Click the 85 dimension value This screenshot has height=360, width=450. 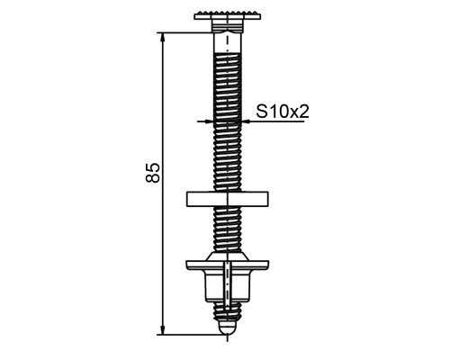point(153,173)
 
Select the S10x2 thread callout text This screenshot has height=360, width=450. point(283,112)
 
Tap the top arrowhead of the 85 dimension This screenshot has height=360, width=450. point(163,37)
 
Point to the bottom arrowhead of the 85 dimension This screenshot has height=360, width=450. point(163,329)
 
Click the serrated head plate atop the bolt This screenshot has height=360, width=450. point(228,16)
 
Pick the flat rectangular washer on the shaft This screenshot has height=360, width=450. point(228,200)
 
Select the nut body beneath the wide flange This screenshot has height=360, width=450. point(228,286)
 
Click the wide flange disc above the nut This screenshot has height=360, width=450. point(228,265)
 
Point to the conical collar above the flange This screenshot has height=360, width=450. point(228,256)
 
